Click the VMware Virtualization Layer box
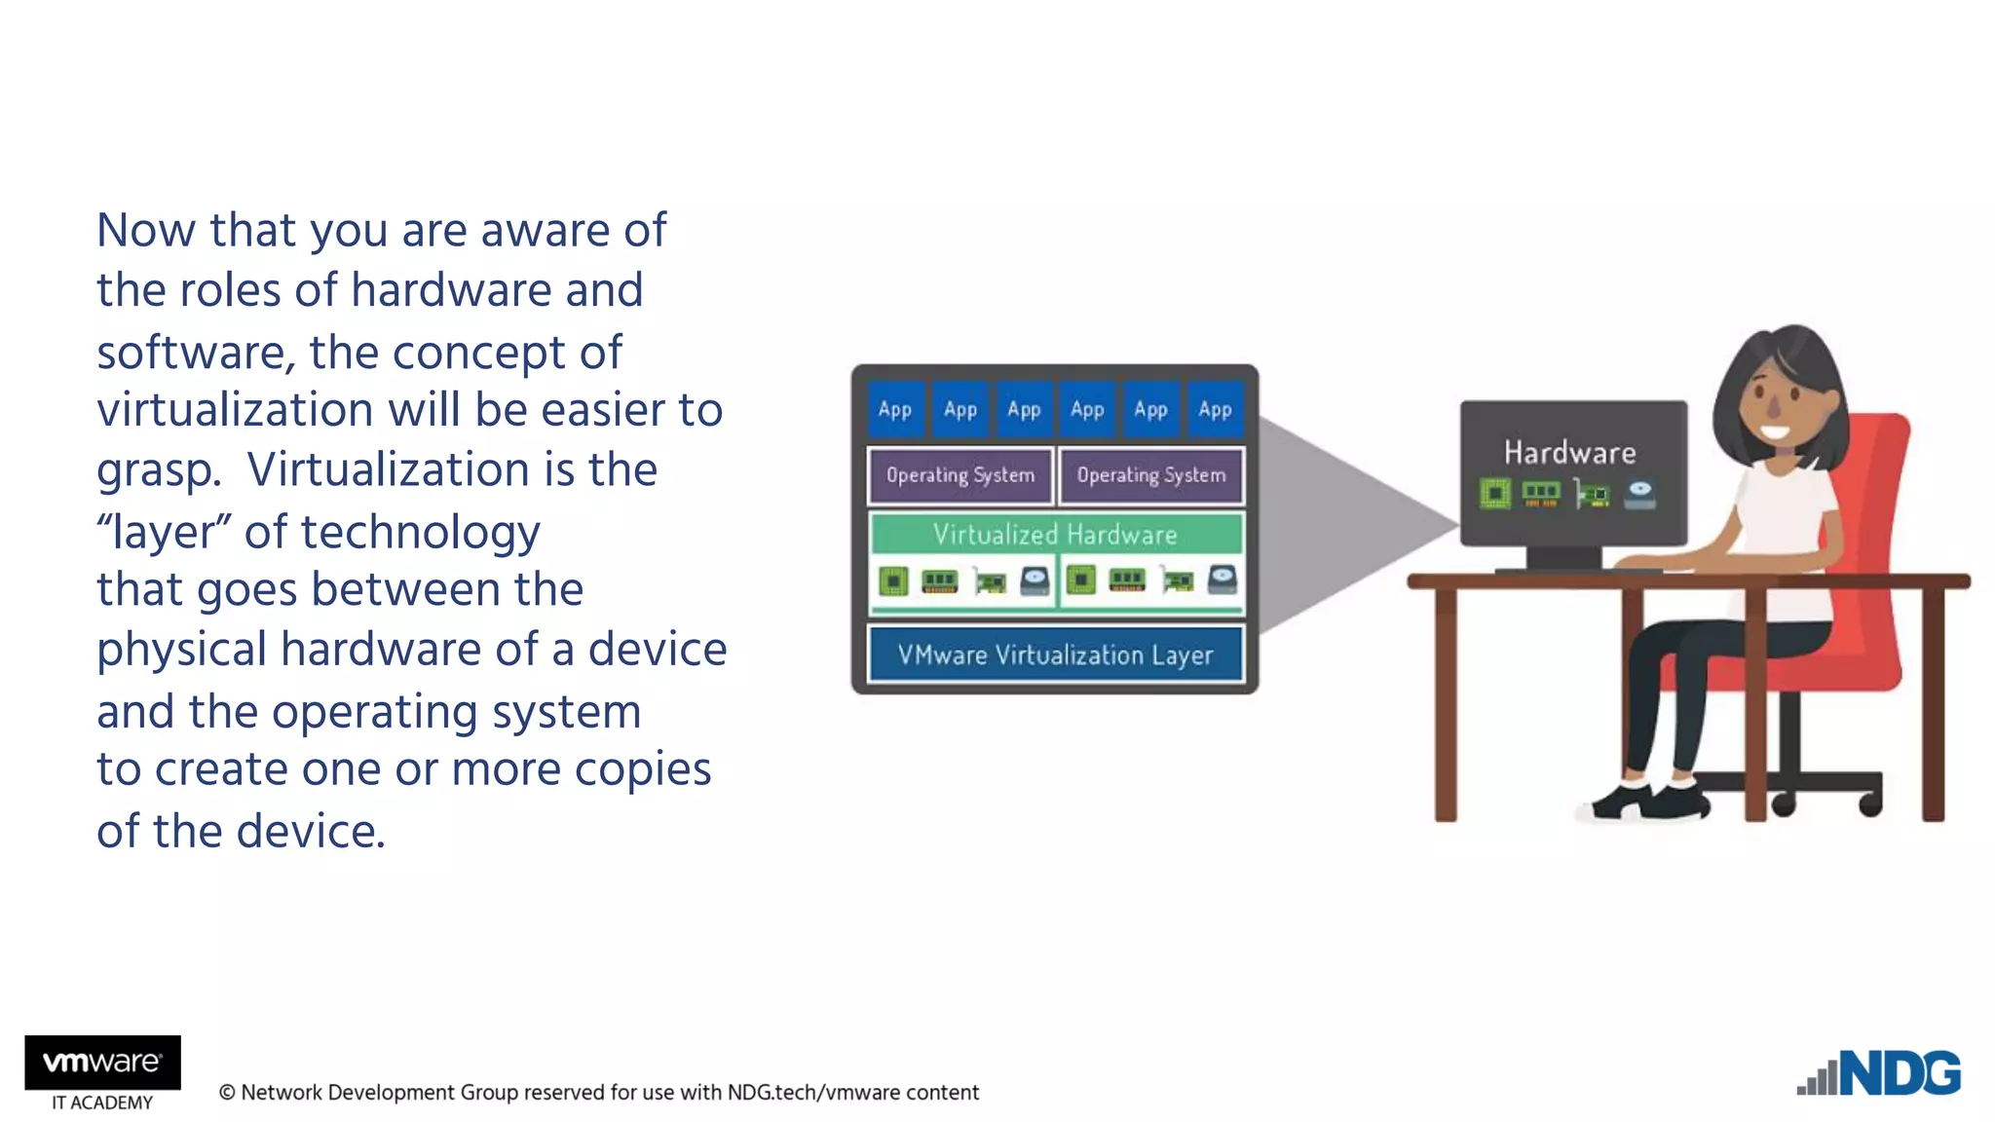tap(1055, 654)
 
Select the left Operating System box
tap(960, 475)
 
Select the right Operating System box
tap(1150, 475)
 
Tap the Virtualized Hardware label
tap(1055, 534)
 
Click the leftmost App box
tap(894, 410)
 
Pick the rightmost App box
tap(1215, 410)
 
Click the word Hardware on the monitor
tap(1569, 453)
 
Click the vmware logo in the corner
tap(102, 1062)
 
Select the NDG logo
tap(1880, 1074)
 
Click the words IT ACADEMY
tap(102, 1103)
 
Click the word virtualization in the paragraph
tap(234, 409)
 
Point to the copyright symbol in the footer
tap(227, 1093)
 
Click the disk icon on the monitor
tap(1639, 494)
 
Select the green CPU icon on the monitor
tap(1494, 494)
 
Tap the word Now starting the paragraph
tap(146, 231)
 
